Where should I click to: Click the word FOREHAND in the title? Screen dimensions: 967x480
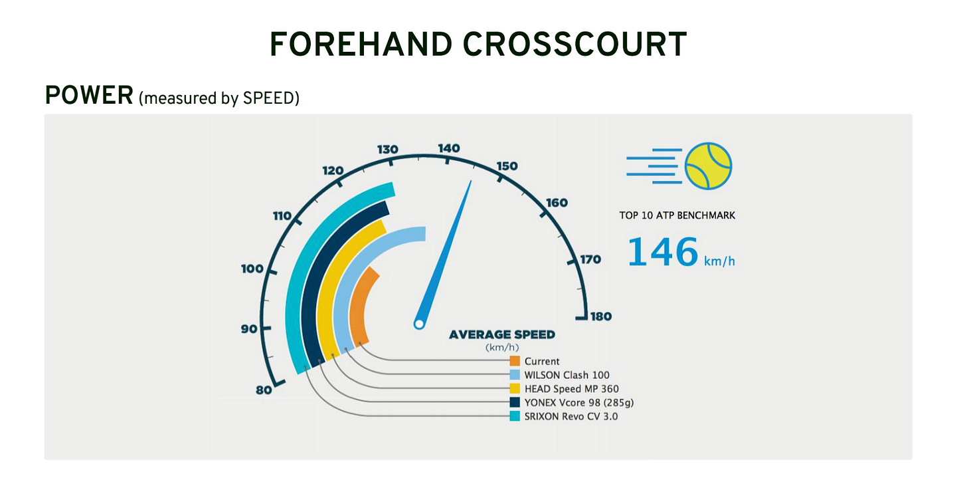click(361, 45)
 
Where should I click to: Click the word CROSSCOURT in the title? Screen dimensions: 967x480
click(574, 45)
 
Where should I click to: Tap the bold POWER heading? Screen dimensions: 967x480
click(89, 96)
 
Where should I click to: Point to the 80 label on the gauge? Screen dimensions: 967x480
click(264, 390)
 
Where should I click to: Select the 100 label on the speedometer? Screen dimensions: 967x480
click(252, 269)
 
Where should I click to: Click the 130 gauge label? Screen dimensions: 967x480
click(388, 150)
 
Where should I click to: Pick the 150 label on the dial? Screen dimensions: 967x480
click(507, 166)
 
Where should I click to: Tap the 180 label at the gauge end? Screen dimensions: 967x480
click(601, 316)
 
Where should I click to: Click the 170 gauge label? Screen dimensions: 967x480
click(590, 259)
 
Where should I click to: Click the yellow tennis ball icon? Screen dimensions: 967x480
click(709, 166)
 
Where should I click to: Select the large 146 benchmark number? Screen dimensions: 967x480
click(663, 252)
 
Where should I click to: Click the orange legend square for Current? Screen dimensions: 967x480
click(515, 361)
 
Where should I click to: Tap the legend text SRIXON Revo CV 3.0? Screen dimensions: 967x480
click(571, 416)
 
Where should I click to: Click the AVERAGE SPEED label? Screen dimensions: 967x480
click(502, 335)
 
